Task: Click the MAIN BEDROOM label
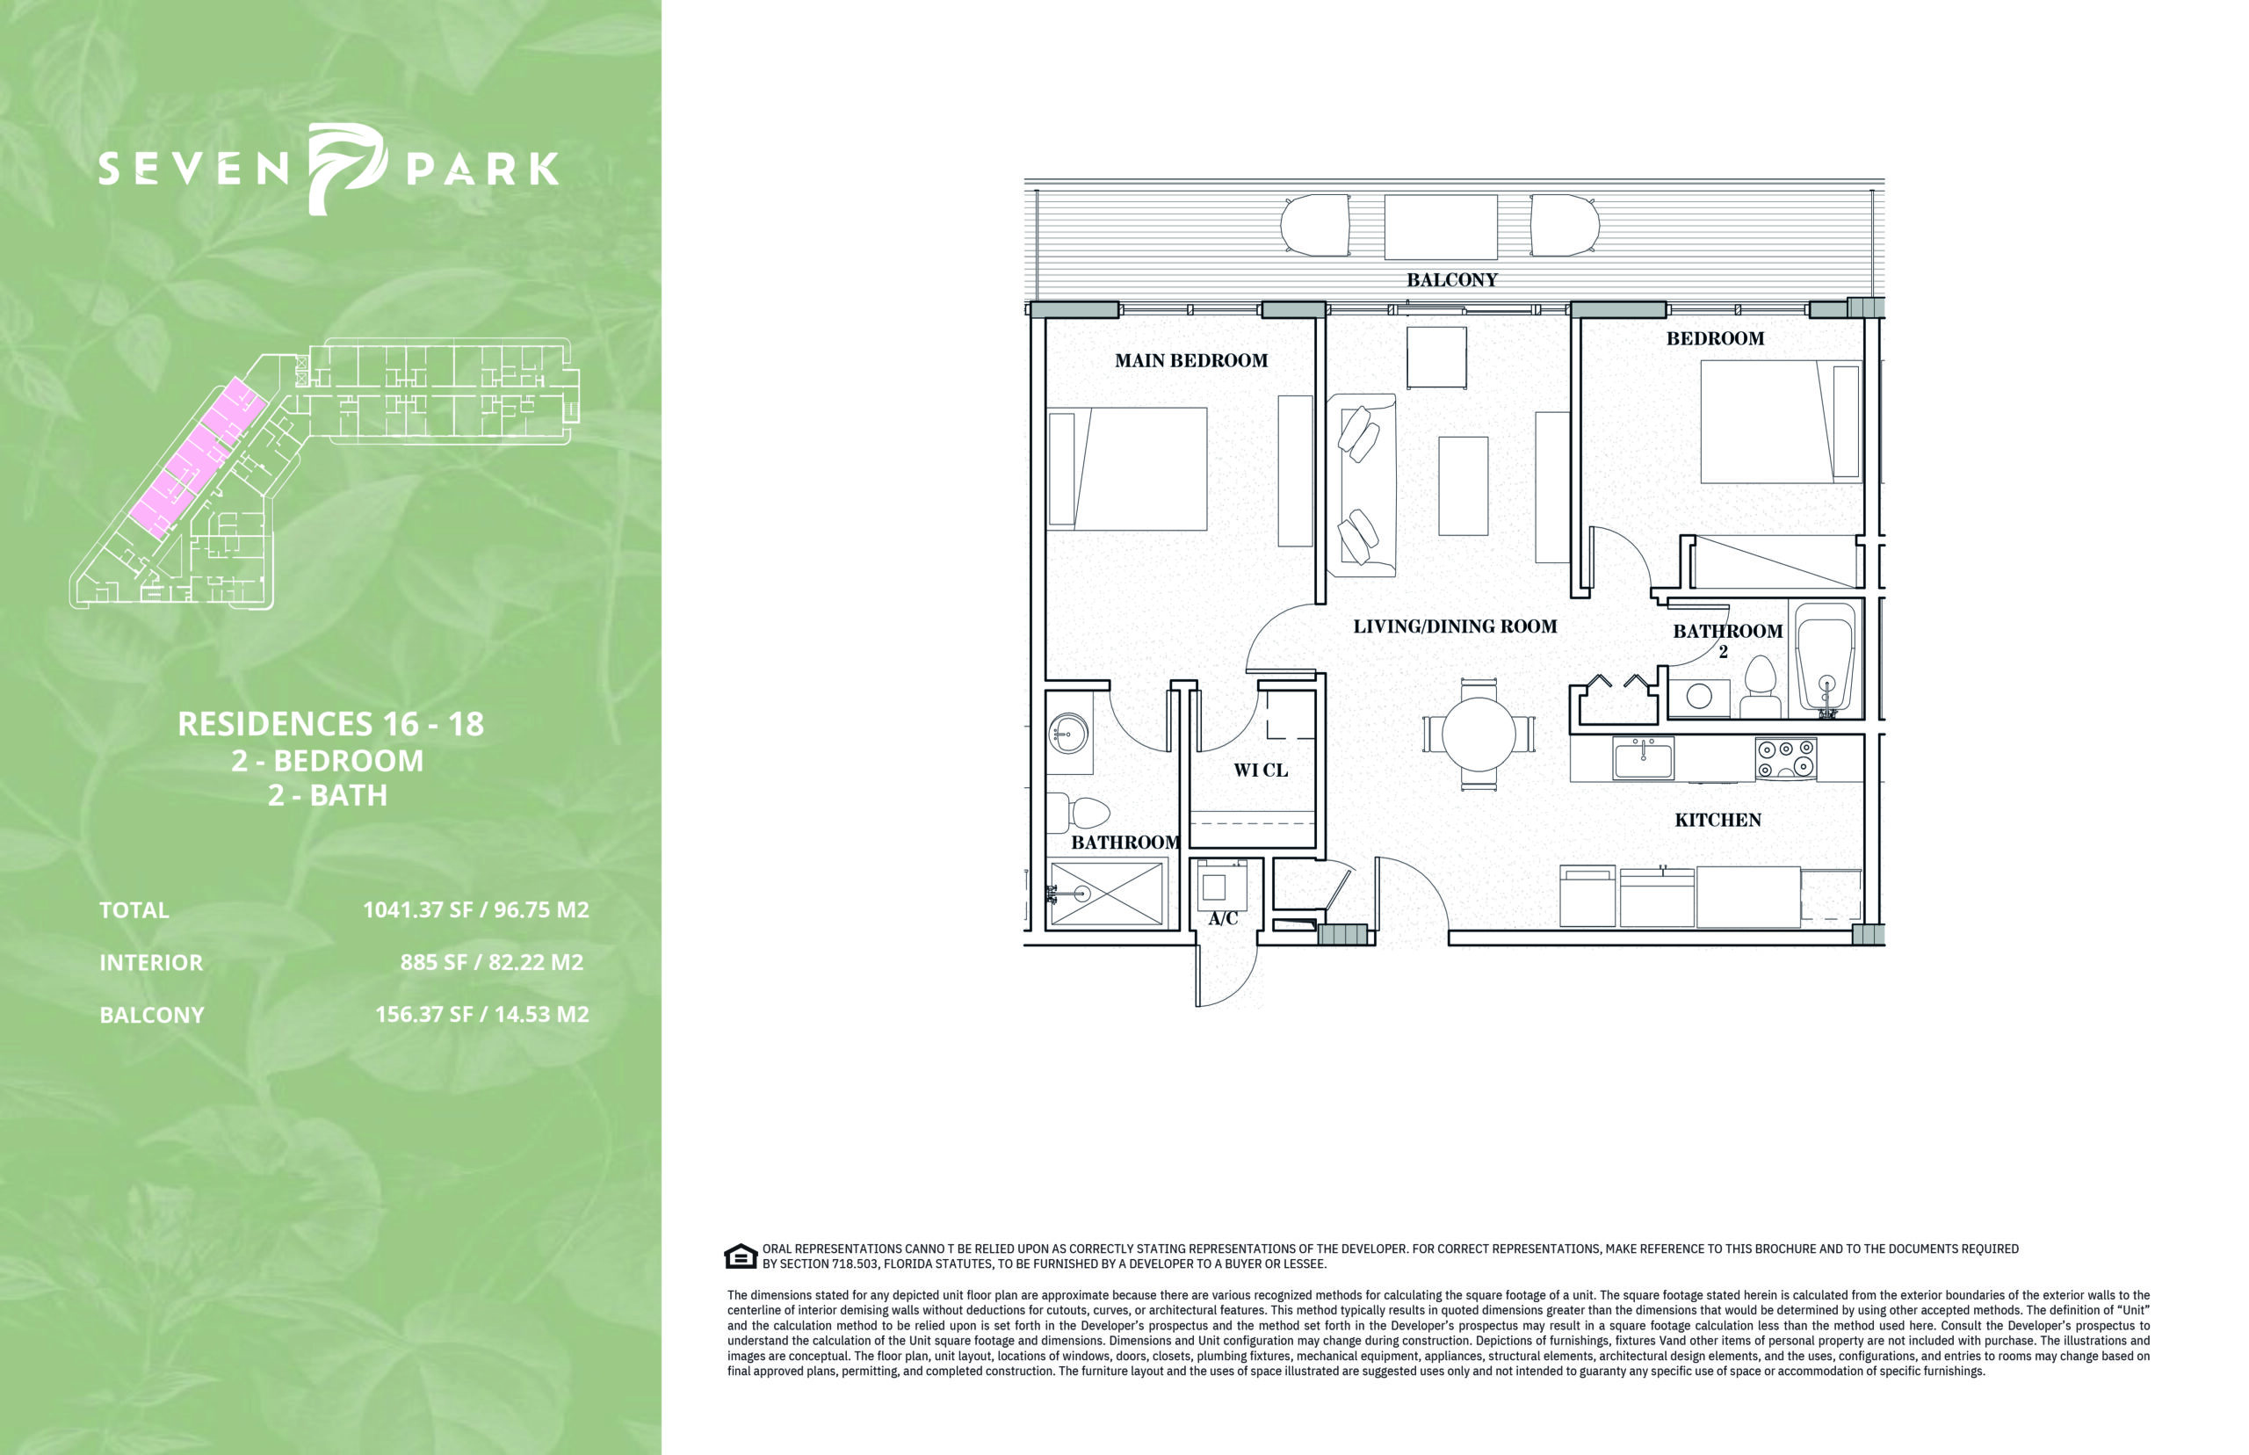(1191, 360)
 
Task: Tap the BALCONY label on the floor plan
(1452, 279)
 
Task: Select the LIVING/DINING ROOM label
(1455, 626)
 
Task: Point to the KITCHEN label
(1717, 820)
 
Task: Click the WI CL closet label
(1260, 770)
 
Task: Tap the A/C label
(1222, 918)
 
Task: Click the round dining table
(1479, 735)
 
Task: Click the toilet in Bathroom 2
(1760, 688)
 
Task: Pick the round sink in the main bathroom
(1068, 733)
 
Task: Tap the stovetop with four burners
(1785, 758)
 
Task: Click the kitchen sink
(1644, 758)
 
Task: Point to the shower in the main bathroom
(1106, 892)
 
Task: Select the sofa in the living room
(1361, 485)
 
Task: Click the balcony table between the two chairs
(1441, 227)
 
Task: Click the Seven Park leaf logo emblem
(346, 168)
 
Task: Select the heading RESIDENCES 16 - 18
(330, 724)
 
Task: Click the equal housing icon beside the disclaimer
(741, 1256)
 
